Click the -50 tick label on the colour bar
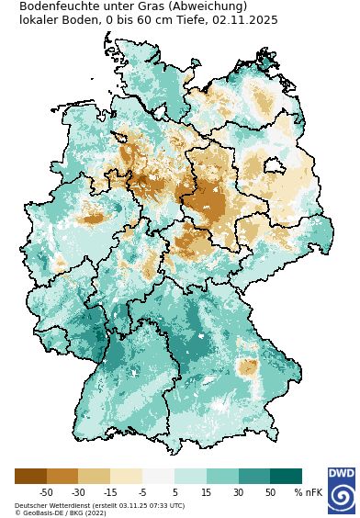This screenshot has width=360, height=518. [x=46, y=493]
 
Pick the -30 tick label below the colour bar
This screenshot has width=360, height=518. [x=78, y=493]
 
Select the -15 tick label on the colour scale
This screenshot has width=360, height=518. [x=110, y=493]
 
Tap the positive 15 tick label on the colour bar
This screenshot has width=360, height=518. [x=207, y=493]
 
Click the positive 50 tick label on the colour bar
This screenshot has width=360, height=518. [x=270, y=493]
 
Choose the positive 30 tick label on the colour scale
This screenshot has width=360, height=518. [x=238, y=493]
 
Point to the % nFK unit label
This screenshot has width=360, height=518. [x=309, y=493]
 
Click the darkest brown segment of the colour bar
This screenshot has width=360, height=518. [x=30, y=476]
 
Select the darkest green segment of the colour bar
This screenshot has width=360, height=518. [x=286, y=476]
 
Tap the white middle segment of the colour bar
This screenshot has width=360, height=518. [x=158, y=476]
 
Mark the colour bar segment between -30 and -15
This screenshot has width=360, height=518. [x=94, y=476]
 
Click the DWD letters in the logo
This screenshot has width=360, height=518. [x=341, y=474]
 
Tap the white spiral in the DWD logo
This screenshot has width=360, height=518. [x=342, y=497]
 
